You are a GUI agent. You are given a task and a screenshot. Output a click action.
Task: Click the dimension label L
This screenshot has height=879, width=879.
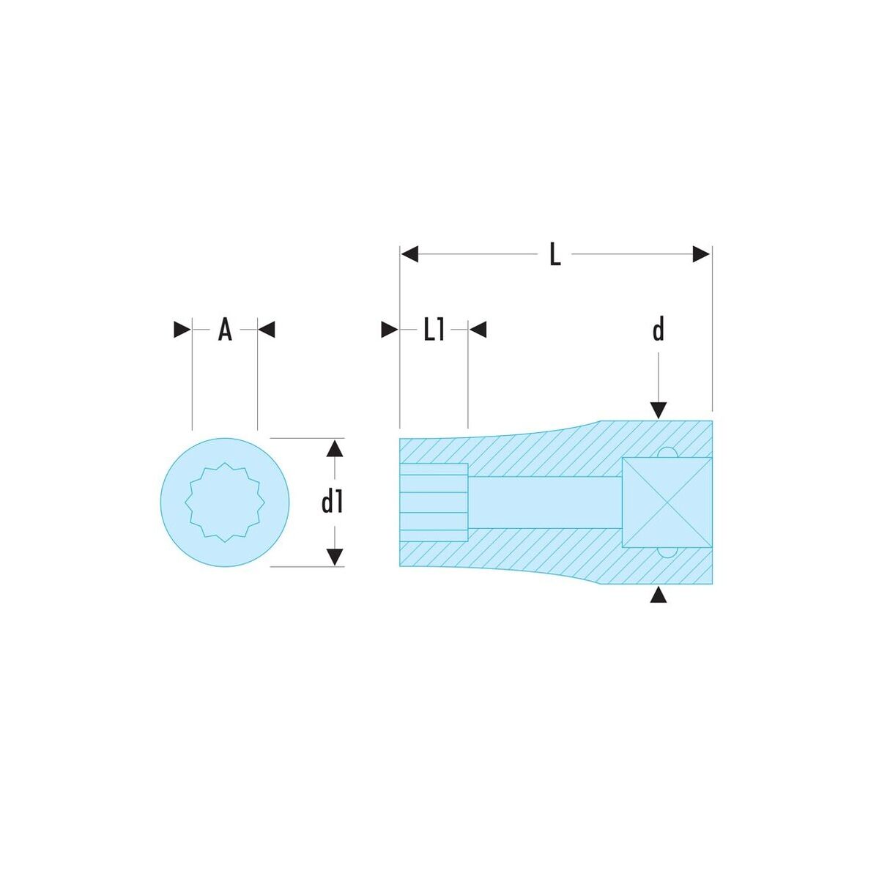pyautogui.click(x=555, y=254)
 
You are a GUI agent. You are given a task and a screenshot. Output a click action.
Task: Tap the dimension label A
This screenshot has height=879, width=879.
pyautogui.click(x=225, y=330)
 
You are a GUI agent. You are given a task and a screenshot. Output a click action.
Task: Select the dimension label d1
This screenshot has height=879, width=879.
pyautogui.click(x=332, y=502)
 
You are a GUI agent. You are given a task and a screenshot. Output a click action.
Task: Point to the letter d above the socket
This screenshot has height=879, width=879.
pyautogui.click(x=659, y=330)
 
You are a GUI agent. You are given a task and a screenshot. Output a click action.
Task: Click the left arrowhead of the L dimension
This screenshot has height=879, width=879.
pyautogui.click(x=409, y=254)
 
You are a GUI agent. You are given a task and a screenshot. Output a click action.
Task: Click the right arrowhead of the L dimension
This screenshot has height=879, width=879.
pyautogui.click(x=702, y=254)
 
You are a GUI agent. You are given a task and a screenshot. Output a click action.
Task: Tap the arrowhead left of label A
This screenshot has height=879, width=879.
pyautogui.click(x=182, y=330)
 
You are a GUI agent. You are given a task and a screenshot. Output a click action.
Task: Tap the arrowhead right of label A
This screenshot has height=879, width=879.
pyautogui.click(x=267, y=330)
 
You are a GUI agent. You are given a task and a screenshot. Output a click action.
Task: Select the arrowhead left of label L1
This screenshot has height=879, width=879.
pyautogui.click(x=390, y=330)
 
